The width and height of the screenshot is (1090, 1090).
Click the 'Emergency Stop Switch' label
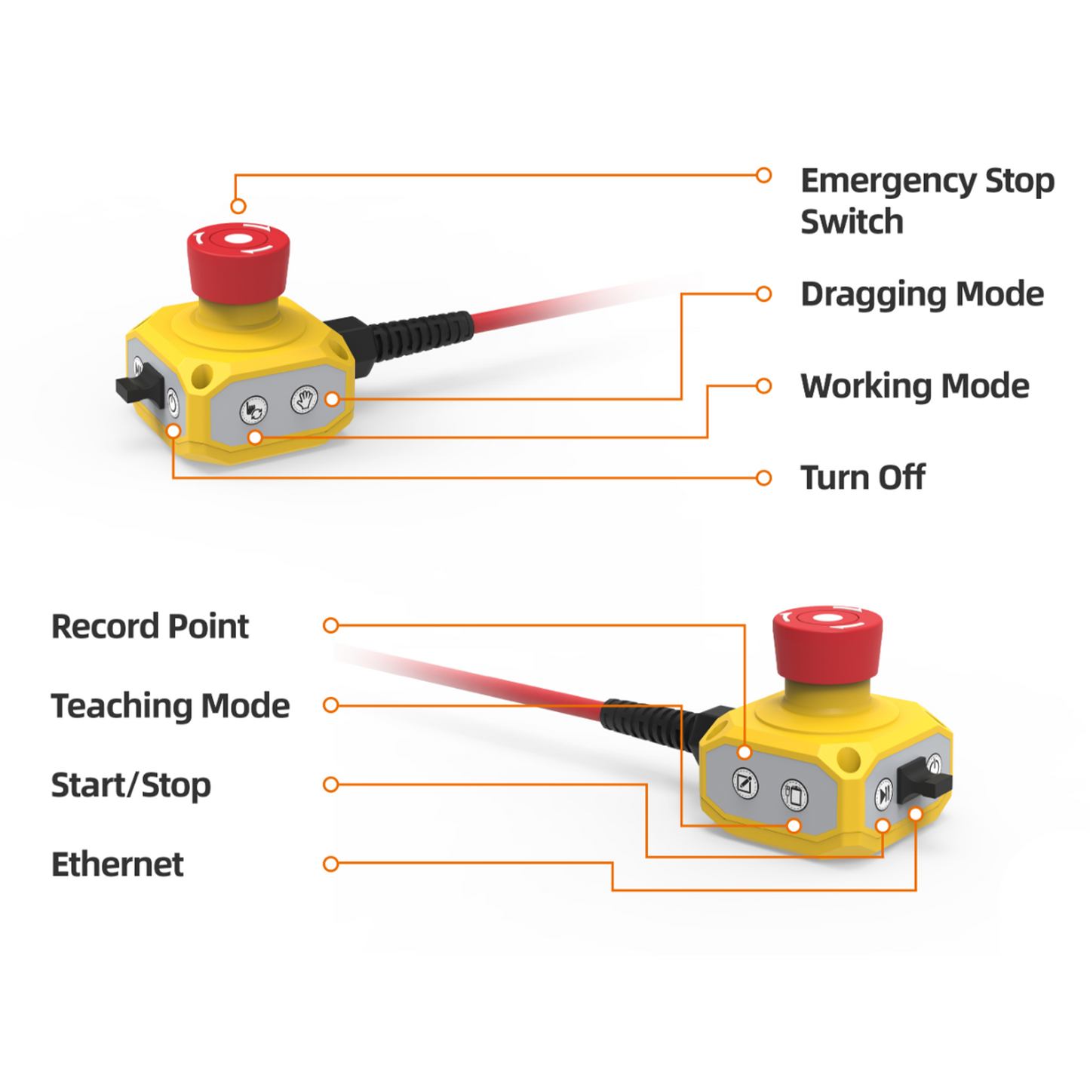(926, 201)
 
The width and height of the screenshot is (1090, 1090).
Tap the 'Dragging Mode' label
(922, 294)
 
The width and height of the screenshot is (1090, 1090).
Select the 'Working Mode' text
(914, 386)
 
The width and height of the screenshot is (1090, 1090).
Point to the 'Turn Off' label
(862, 477)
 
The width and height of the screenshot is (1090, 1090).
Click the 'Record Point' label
(149, 626)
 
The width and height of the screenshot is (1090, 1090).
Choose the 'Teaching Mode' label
(170, 706)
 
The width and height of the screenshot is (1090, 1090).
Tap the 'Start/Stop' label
(130, 785)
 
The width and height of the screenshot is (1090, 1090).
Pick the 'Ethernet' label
(117, 864)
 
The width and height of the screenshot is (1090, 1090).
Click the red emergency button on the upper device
(238, 260)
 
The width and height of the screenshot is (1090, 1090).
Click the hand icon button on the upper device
(304, 399)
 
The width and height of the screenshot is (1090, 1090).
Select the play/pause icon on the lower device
(883, 794)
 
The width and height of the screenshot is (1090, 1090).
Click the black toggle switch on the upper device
(138, 388)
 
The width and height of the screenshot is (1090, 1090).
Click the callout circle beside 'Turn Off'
(763, 477)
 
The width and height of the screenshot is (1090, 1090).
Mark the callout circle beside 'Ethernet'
(330, 864)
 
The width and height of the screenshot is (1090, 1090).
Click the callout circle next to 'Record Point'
(330, 625)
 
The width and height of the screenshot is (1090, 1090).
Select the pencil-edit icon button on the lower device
(745, 783)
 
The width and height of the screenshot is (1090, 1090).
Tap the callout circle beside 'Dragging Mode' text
(763, 293)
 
